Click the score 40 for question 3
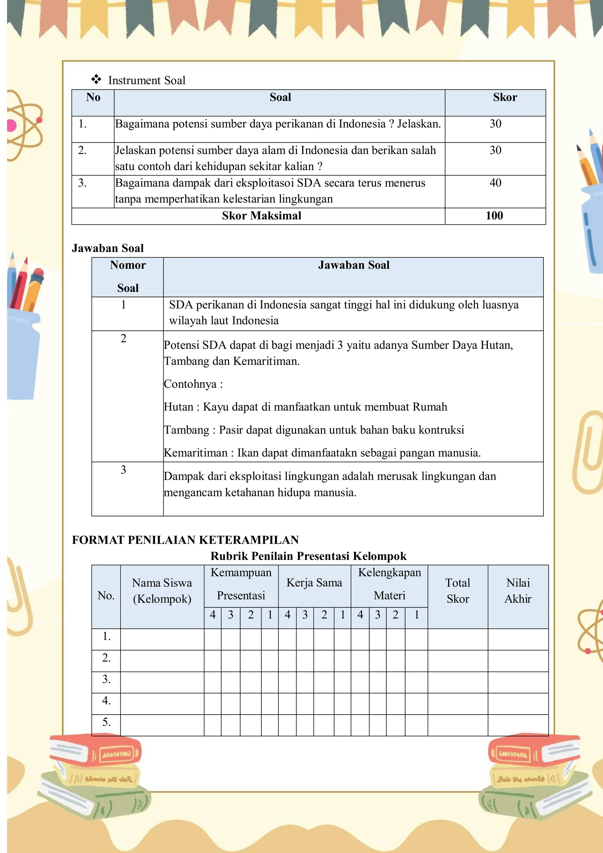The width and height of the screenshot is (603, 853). [x=495, y=183]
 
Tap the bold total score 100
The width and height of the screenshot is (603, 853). [x=494, y=216]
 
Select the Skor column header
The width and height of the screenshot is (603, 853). [x=505, y=97]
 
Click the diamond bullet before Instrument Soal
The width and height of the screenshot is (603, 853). [x=96, y=80]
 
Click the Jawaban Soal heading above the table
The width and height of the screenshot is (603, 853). [x=108, y=248]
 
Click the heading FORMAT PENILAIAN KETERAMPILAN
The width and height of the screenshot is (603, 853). [x=185, y=540]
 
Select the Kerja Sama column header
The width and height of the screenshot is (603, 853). [x=314, y=583]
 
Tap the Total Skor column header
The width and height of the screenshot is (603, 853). [x=458, y=591]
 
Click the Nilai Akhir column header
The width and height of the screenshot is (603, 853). [x=518, y=591]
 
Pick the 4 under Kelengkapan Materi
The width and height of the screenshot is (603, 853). [x=360, y=615]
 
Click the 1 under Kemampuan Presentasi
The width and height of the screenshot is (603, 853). [x=270, y=615]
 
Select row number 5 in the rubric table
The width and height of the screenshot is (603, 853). [x=106, y=722]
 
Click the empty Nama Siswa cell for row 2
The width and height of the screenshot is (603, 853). [x=162, y=658]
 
